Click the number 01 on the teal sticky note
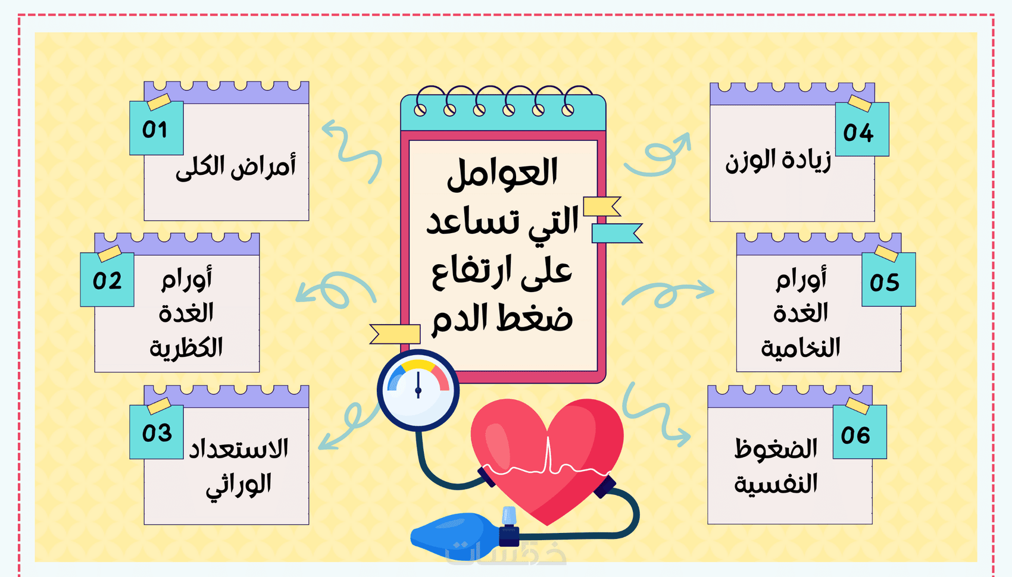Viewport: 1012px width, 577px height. pos(155,130)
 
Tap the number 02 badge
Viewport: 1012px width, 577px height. pos(107,281)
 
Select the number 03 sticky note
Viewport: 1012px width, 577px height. pos(157,432)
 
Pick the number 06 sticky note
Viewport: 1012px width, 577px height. pos(859,432)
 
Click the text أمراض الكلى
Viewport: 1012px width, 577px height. pos(236,167)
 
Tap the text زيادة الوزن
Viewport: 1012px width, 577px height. pos(778,161)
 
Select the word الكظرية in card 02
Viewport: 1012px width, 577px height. pos(186,347)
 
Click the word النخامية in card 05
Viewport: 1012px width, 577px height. pos(800,347)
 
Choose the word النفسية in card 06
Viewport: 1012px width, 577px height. pos(776,484)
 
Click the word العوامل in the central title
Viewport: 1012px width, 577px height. pos(502,173)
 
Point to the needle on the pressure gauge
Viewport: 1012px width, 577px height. pos(418,385)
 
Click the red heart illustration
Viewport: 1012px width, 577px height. pos(547,460)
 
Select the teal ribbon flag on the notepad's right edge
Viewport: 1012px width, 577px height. pos(617,233)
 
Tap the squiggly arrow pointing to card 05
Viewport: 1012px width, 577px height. pos(668,293)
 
